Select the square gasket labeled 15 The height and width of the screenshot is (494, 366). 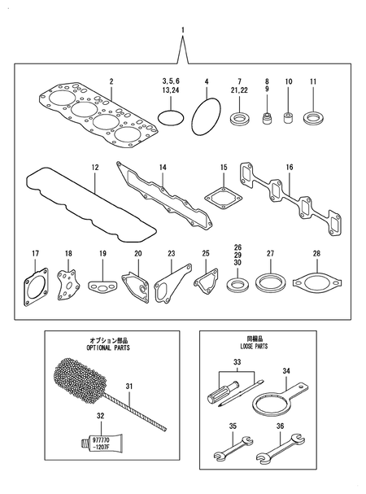coord(221,197)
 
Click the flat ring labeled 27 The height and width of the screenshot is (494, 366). coord(267,284)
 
